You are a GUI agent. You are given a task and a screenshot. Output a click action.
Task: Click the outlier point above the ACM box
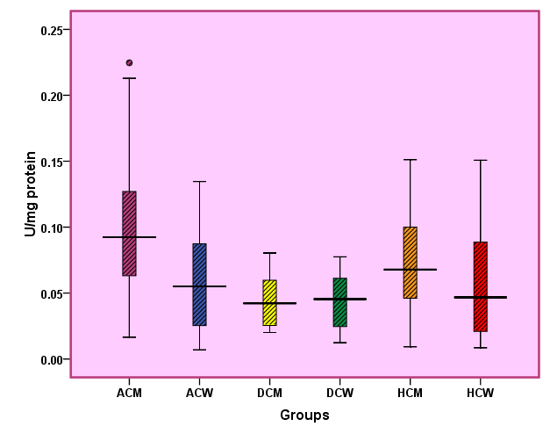pos(129,63)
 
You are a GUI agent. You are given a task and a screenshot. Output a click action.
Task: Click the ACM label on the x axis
pos(129,392)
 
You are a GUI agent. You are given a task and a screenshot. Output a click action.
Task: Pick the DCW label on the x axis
pos(339,392)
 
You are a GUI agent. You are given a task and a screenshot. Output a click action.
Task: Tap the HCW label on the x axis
pos(480,392)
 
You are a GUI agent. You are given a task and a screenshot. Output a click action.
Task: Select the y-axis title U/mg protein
pos(30,194)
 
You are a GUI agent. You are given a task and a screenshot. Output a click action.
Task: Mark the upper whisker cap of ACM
pos(129,78)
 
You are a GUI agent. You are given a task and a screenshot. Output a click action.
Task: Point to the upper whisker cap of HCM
pos(410,160)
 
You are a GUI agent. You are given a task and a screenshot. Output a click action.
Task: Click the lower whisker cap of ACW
pos(199,350)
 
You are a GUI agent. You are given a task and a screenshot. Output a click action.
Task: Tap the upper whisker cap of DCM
pos(269,253)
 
